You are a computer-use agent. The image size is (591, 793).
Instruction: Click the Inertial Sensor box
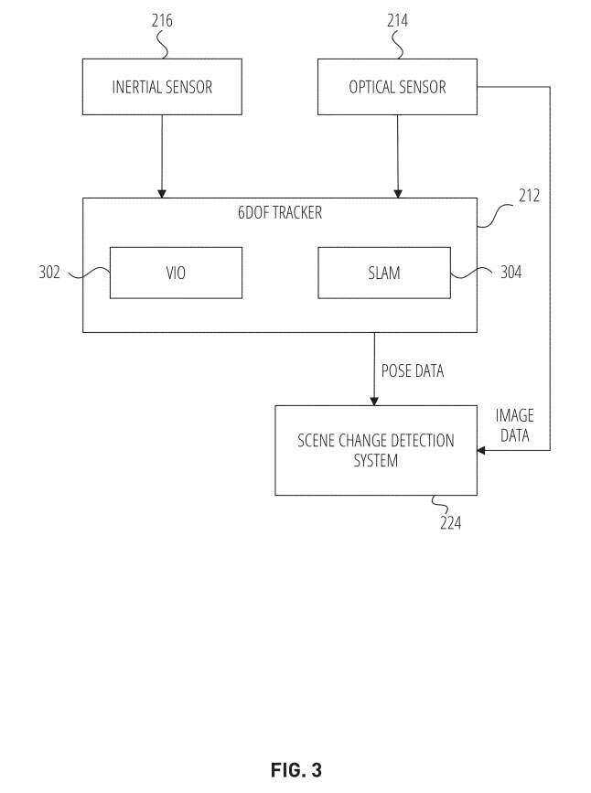click(x=162, y=87)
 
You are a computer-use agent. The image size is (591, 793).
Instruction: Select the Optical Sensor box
click(x=397, y=87)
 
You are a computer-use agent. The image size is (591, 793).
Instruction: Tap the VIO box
click(x=176, y=273)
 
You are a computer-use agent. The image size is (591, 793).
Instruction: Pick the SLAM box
click(x=384, y=273)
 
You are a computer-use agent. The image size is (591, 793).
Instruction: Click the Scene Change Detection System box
click(x=376, y=450)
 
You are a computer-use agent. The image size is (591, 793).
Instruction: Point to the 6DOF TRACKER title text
click(x=280, y=212)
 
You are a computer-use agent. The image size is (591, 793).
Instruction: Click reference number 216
click(x=162, y=21)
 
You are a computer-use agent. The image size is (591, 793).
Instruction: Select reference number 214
click(x=397, y=21)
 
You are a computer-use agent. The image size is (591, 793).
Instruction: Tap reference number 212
click(x=530, y=196)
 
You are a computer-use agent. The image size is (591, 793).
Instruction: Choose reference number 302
click(x=49, y=272)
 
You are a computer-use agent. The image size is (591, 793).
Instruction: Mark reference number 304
click(x=511, y=272)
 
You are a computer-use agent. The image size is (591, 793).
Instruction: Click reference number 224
click(x=450, y=522)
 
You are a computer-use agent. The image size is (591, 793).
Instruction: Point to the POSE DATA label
click(x=413, y=370)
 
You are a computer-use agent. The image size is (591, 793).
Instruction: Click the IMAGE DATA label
click(x=514, y=425)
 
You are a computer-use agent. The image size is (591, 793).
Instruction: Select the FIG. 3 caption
click(x=296, y=770)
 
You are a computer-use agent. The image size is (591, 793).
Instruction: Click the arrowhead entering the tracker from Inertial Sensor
click(x=162, y=194)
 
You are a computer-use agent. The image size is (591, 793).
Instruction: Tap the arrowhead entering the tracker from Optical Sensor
click(x=398, y=194)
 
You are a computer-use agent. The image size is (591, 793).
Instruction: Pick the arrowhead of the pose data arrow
click(x=374, y=401)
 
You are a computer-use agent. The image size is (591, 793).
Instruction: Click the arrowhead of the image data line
click(x=481, y=450)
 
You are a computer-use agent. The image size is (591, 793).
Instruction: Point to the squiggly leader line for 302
click(x=89, y=273)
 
